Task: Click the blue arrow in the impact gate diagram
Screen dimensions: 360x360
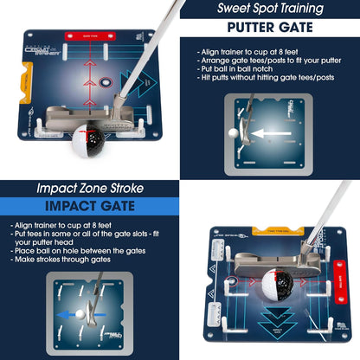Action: pos(64,316)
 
